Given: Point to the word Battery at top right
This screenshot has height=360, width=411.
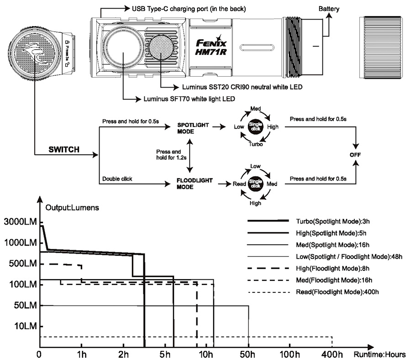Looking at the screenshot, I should pos(329,9).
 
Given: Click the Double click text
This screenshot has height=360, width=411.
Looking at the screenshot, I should pos(117,179).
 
